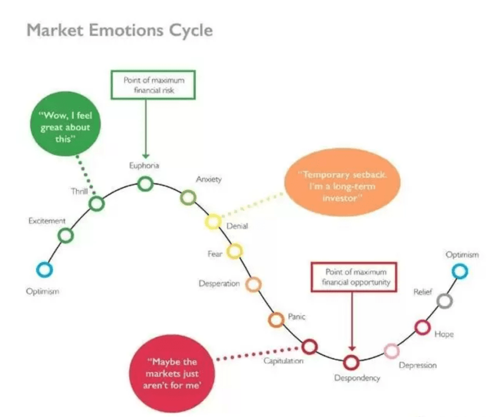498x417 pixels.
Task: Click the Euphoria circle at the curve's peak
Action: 145,183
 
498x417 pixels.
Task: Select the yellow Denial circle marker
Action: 213,221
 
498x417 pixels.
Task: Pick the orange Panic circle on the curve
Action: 276,319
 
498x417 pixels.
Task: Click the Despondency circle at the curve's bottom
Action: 351,362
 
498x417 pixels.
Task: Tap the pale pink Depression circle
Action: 391,350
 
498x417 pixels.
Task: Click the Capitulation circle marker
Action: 309,347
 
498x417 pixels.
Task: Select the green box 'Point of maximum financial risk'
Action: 153,86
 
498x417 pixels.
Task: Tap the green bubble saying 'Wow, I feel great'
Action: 65,121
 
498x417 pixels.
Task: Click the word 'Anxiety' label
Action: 209,180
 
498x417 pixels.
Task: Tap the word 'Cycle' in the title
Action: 187,30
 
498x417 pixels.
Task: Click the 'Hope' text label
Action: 444,334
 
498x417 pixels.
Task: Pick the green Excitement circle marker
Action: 66,236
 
